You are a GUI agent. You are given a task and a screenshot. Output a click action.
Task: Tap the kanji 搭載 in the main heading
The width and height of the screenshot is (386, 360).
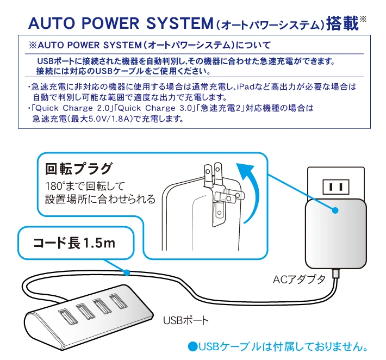343,23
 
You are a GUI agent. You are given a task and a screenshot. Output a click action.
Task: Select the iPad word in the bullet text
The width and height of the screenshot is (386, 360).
245,86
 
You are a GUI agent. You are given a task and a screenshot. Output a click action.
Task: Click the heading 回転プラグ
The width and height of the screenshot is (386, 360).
78,169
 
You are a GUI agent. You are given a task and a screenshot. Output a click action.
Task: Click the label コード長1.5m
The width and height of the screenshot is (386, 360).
74,243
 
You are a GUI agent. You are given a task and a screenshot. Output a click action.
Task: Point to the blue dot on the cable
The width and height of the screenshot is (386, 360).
127,272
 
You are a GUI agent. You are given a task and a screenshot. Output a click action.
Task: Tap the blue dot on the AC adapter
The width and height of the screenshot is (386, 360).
335,210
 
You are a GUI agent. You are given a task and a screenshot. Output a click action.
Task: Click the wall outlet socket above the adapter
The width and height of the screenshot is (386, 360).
336,187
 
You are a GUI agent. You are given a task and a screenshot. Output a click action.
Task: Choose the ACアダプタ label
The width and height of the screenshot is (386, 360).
299,280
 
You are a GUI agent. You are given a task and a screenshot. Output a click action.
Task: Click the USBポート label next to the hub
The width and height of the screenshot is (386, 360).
186,320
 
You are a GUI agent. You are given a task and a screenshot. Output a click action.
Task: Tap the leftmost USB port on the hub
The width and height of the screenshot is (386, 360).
68,316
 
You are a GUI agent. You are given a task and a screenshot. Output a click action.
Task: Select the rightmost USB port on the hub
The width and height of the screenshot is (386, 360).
119,301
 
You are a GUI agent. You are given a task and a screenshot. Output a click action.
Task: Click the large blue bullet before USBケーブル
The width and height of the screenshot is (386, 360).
193,347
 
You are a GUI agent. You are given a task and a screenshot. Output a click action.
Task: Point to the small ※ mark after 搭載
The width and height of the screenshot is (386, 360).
363,19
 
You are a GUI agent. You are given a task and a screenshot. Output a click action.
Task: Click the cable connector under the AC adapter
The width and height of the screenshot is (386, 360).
336,273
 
